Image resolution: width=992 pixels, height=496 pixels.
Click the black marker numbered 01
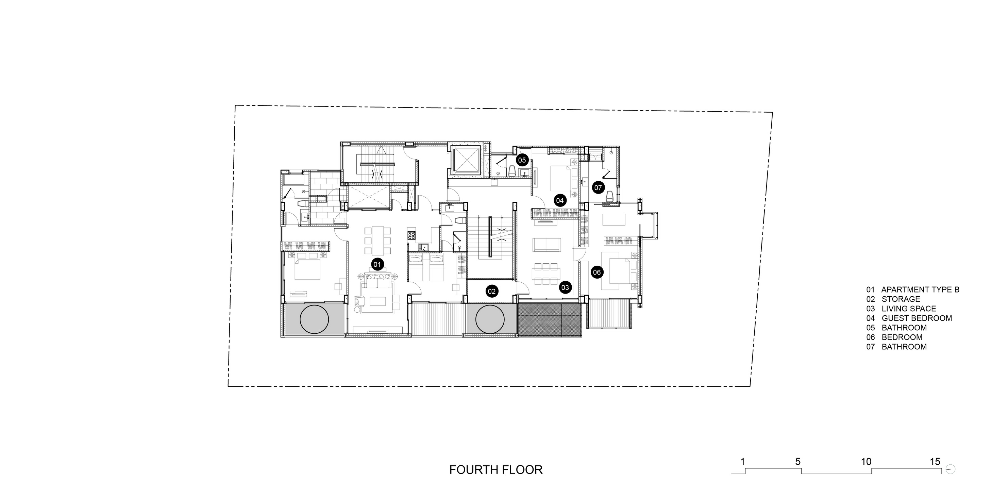pyautogui.click(x=377, y=264)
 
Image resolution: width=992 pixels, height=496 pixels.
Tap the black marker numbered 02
pyautogui.click(x=492, y=291)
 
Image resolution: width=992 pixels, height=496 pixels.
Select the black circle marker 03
pyautogui.click(x=565, y=287)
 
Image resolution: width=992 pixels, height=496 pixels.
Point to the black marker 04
pyautogui.click(x=559, y=200)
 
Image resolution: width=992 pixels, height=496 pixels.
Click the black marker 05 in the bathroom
pyautogui.click(x=522, y=160)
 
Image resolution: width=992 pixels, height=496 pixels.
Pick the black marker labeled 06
pyautogui.click(x=596, y=272)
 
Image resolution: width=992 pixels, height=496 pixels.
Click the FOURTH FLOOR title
pyautogui.click(x=496, y=470)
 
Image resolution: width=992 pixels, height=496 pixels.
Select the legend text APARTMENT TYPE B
pyautogui.click(x=920, y=290)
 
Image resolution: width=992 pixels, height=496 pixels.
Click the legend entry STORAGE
pyautogui.click(x=901, y=299)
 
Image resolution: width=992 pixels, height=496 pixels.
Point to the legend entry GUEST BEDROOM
pyautogui.click(x=917, y=318)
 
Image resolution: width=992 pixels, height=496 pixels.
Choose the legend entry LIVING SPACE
pyautogui.click(x=909, y=309)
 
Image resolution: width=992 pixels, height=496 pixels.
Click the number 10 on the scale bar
pyautogui.click(x=866, y=461)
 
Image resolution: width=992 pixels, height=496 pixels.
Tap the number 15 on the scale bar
pyautogui.click(x=935, y=461)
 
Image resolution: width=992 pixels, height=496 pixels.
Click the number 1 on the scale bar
pyautogui.click(x=743, y=461)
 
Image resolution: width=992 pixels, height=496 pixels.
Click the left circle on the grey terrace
pyautogui.click(x=314, y=319)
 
